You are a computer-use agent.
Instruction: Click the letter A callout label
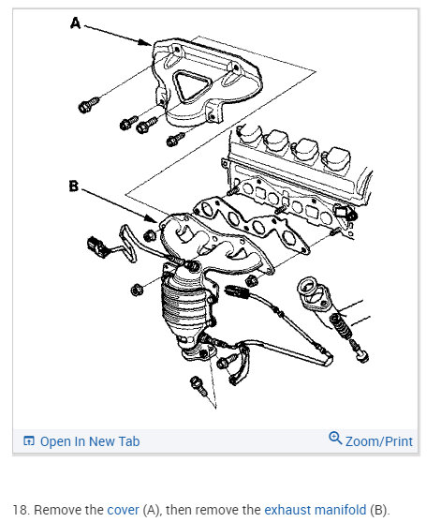pyautogui.click(x=76, y=23)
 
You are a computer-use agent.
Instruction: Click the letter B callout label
pyautogui.click(x=73, y=186)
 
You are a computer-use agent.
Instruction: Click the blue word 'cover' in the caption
pyautogui.click(x=123, y=510)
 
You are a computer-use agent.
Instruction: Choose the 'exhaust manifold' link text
pyautogui.click(x=315, y=510)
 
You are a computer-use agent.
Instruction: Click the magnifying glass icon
pyautogui.click(x=335, y=438)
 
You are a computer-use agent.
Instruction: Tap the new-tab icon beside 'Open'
pyautogui.click(x=29, y=440)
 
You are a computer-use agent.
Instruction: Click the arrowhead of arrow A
pyautogui.click(x=147, y=42)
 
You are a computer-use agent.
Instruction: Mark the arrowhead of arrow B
pyautogui.click(x=152, y=218)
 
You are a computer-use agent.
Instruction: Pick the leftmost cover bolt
pyautogui.click(x=88, y=105)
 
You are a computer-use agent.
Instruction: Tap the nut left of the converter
pyautogui.click(x=136, y=290)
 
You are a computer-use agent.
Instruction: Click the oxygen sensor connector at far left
pyautogui.click(x=96, y=247)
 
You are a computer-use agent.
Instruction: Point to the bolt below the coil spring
pyautogui.click(x=360, y=350)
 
